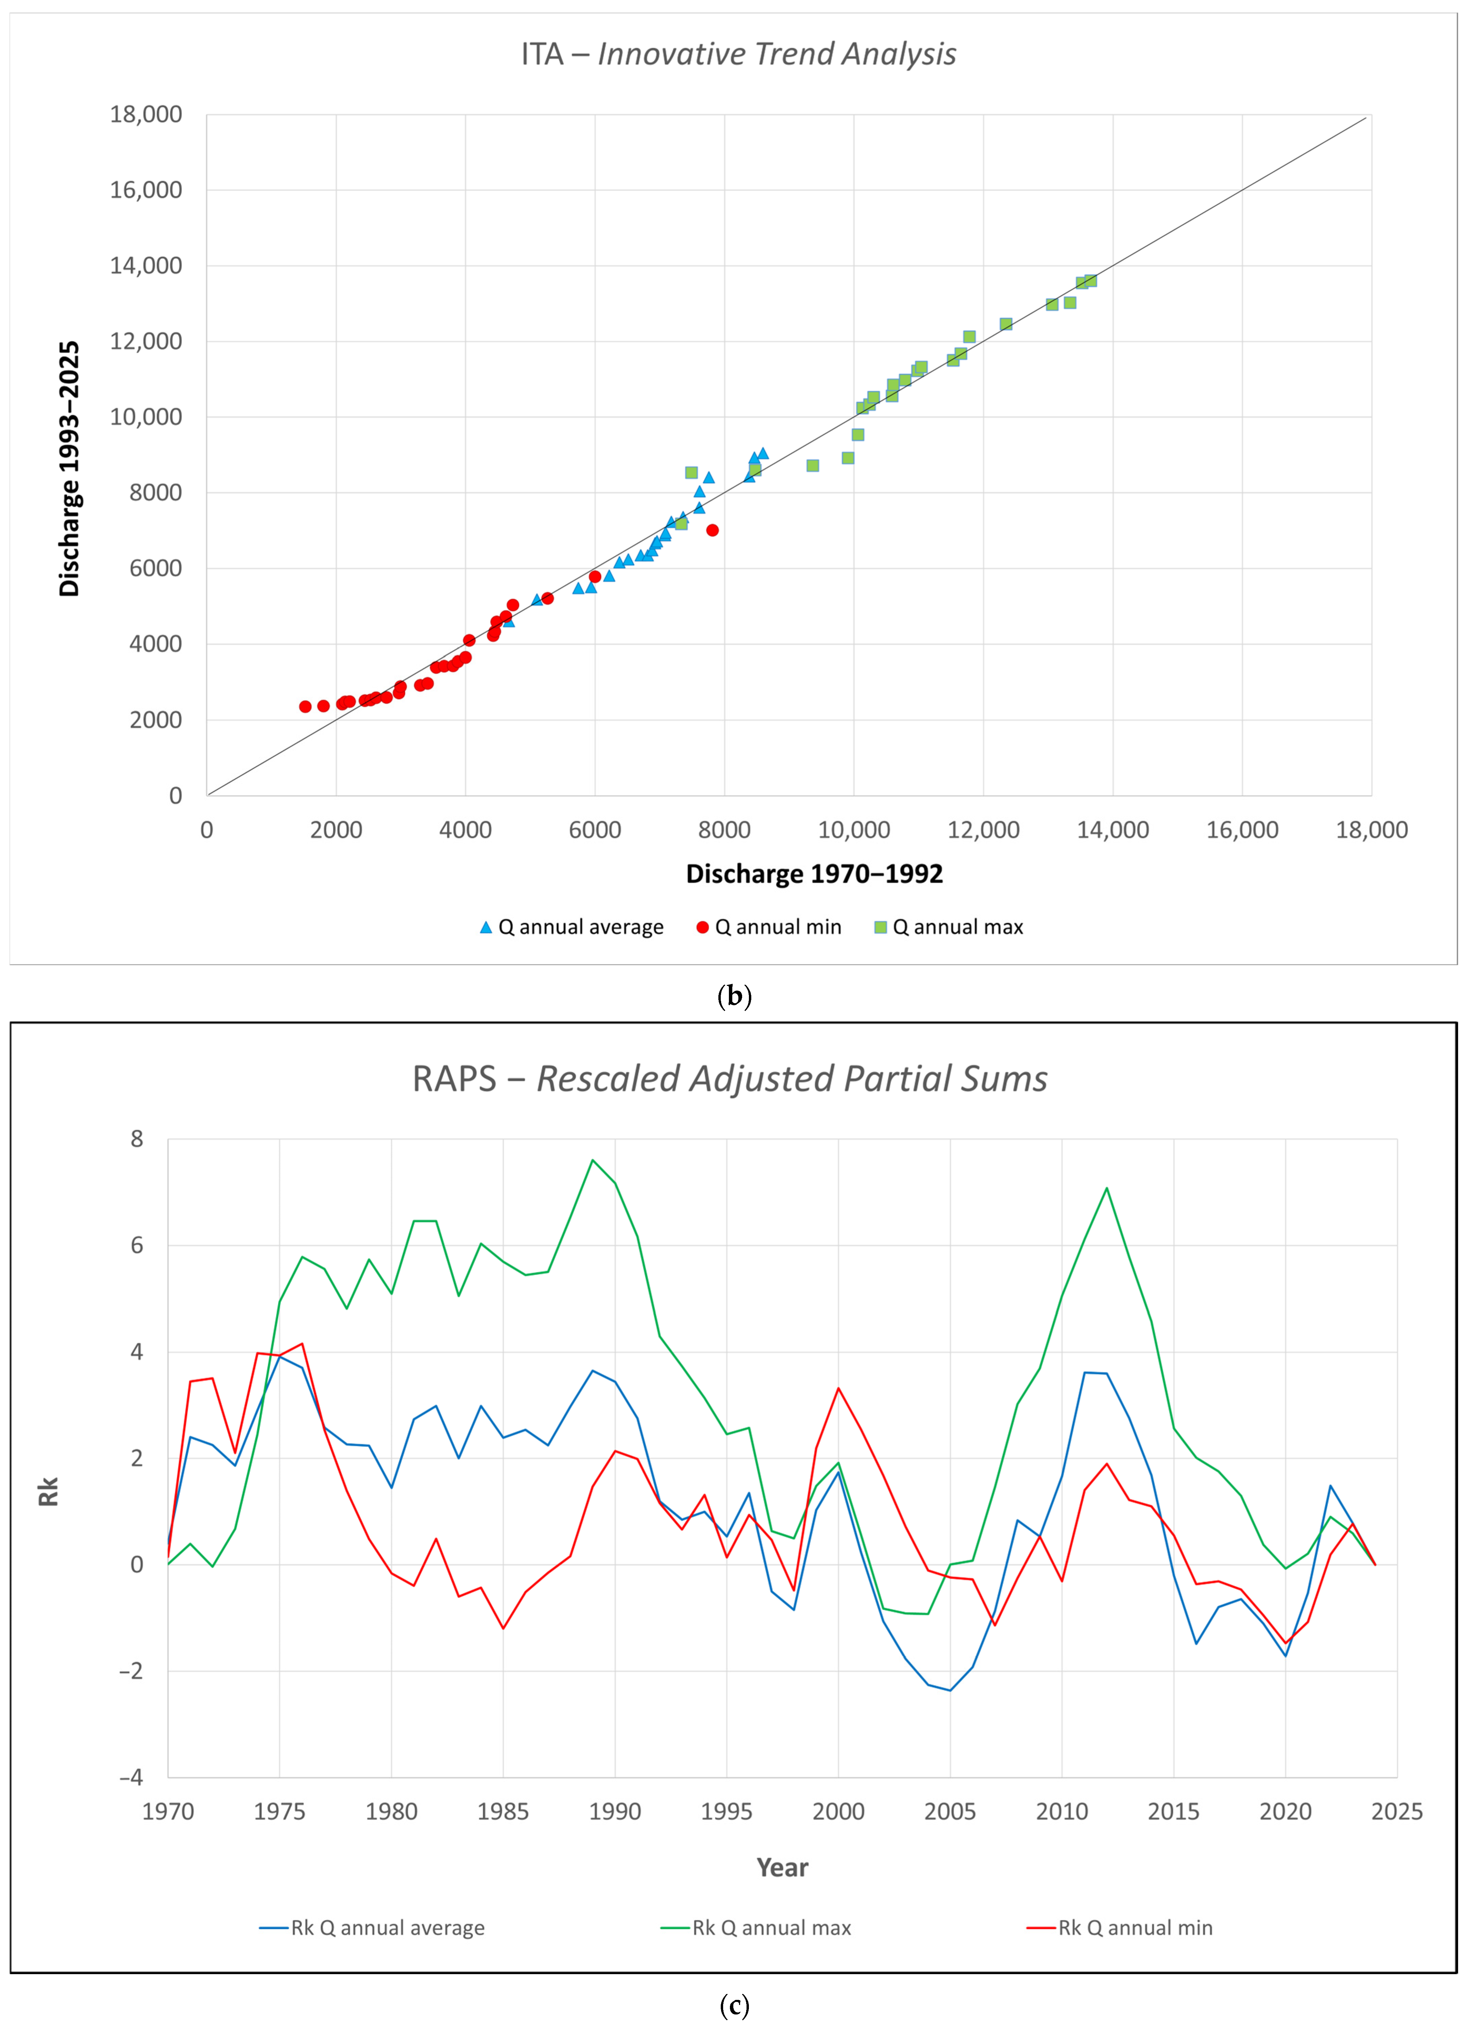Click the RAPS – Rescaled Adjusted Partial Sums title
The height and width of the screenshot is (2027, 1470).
[730, 1079]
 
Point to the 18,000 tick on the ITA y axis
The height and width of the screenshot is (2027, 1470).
[146, 114]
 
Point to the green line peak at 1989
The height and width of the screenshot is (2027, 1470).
[592, 1160]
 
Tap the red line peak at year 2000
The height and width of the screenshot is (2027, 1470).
[838, 1388]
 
